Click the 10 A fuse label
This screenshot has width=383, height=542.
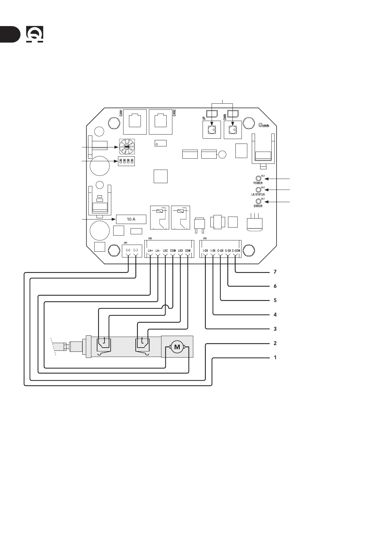(131, 219)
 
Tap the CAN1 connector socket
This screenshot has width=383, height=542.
(135, 122)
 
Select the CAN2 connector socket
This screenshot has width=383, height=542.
(160, 122)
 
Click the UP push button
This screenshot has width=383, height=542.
(212, 130)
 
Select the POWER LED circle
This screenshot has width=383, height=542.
(258, 178)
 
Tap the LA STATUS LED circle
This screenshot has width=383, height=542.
(258, 190)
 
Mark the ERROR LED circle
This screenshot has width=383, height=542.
(258, 201)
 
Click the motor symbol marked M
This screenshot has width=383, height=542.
(177, 347)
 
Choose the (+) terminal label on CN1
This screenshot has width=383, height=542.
(128, 250)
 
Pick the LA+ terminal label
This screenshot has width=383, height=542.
(150, 251)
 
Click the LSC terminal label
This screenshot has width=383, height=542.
(165, 251)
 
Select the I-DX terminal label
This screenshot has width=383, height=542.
(205, 251)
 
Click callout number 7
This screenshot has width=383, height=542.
(275, 272)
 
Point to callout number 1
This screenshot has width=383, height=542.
(275, 358)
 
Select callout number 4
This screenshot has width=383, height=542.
(275, 315)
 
